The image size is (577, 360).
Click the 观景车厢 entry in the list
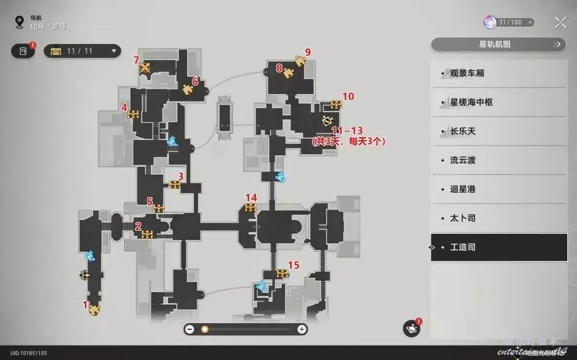pyautogui.click(x=499, y=74)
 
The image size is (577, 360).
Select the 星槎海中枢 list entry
pyautogui.click(x=499, y=103)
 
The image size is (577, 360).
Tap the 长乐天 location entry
pyautogui.click(x=499, y=132)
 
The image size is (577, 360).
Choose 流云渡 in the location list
pyautogui.click(x=499, y=161)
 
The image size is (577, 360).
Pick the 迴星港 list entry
pyautogui.click(x=499, y=190)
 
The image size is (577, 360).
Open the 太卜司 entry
pyautogui.click(x=499, y=218)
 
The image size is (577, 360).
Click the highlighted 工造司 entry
pyautogui.click(x=499, y=247)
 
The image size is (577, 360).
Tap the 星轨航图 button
pyautogui.click(x=499, y=44)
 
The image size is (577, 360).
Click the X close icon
pyautogui.click(x=560, y=23)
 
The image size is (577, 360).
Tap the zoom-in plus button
pyautogui.click(x=302, y=329)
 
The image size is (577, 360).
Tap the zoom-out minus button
pyautogui.click(x=190, y=329)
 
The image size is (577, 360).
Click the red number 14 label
pyautogui.click(x=250, y=198)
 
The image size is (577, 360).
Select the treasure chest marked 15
pyautogui.click(x=282, y=274)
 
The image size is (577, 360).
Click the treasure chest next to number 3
pyautogui.click(x=174, y=185)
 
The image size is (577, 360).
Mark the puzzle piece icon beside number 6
pyautogui.click(x=188, y=90)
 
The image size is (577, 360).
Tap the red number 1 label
pyautogui.click(x=86, y=304)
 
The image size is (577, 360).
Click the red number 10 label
pyautogui.click(x=348, y=96)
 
